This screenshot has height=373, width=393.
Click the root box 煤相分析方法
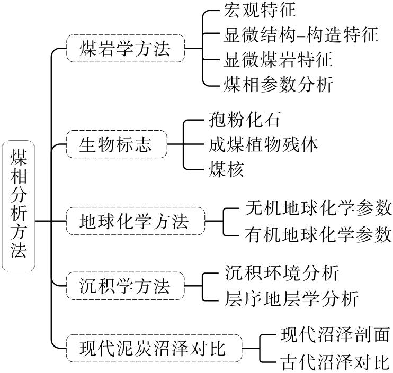tap(18, 206)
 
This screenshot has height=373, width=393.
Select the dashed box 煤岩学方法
tap(126, 49)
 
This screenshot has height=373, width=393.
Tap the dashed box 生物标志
tap(116, 144)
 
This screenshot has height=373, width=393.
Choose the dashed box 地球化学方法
tap(135, 221)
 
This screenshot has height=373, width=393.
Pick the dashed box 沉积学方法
tap(125, 286)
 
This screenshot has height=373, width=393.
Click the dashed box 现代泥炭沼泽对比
tap(154, 348)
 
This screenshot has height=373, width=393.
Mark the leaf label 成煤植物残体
tap(263, 144)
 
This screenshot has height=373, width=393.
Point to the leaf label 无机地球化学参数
tap(318, 207)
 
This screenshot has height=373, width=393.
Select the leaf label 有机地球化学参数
tap(318, 234)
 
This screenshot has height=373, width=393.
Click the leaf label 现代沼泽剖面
tap(335, 334)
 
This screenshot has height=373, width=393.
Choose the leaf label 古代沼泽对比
tap(335, 362)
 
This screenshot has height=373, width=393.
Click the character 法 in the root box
tap(18, 250)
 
